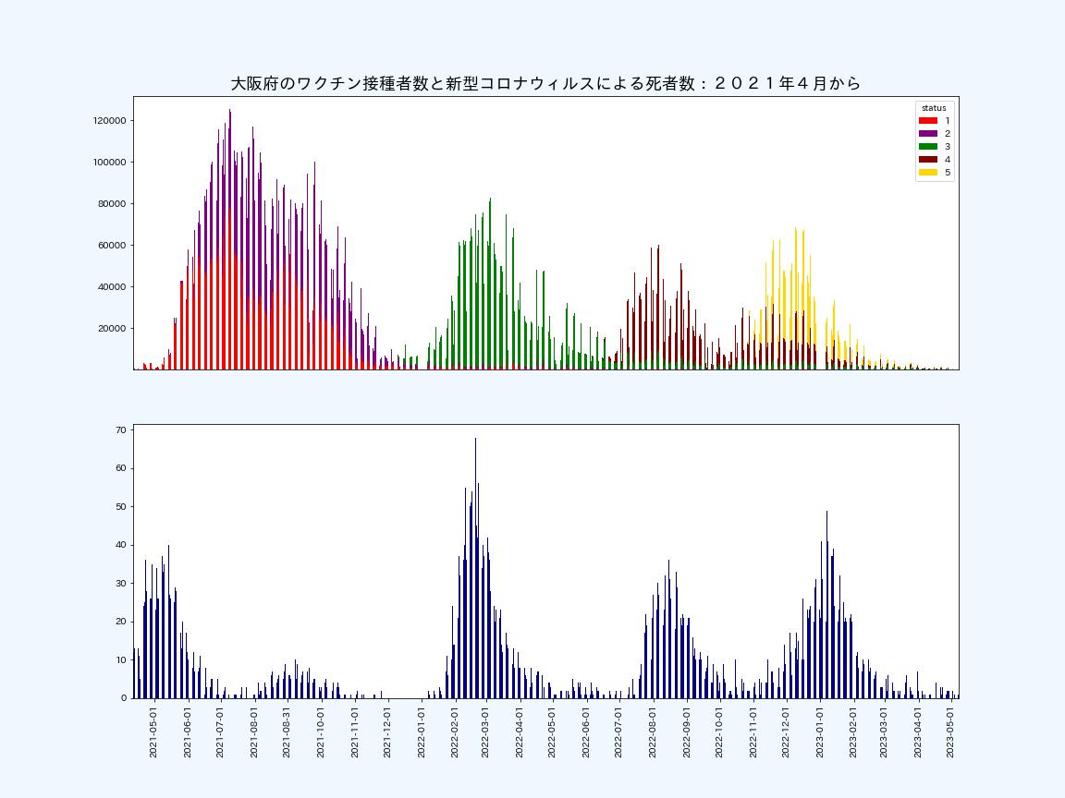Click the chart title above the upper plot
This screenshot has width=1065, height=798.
coord(545,83)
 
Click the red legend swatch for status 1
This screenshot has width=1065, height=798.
coord(928,121)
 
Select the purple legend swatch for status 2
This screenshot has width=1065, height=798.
coord(928,134)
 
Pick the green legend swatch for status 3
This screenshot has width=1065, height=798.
coord(928,147)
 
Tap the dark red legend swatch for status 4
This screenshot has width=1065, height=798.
coord(928,160)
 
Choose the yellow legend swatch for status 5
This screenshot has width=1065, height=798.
coord(928,173)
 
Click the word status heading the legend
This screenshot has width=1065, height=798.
coord(934,108)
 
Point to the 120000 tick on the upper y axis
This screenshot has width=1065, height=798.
coord(109,121)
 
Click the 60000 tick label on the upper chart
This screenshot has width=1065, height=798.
coord(112,246)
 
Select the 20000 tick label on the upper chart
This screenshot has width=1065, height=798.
coord(112,329)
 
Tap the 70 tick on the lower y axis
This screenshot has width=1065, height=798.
coord(121,430)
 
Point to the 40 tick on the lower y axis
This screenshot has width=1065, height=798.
coord(121,545)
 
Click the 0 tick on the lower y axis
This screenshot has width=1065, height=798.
coord(124,697)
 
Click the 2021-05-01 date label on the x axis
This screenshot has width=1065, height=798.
coord(153,733)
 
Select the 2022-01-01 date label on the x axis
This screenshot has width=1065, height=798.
coord(422,733)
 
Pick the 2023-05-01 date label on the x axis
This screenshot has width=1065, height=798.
coord(950,733)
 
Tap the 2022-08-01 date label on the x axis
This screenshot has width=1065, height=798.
coord(653,733)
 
